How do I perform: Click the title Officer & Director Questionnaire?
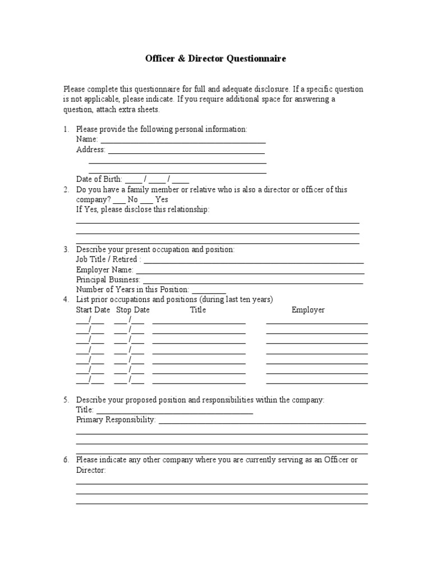point(215,58)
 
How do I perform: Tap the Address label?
point(90,150)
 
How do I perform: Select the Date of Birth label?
point(99,180)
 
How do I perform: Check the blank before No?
point(119,201)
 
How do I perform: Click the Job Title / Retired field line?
point(254,261)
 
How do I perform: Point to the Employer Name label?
point(104,270)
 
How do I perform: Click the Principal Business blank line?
point(253,281)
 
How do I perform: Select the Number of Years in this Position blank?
point(209,291)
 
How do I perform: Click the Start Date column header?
point(93,310)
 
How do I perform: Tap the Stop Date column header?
point(132,310)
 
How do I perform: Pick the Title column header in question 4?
point(198,310)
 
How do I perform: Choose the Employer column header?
point(308,310)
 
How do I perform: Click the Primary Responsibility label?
point(116,420)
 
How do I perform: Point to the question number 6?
point(66,460)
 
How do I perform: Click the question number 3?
point(66,249)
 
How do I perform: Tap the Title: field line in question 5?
point(175,412)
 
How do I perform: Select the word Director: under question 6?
point(91,470)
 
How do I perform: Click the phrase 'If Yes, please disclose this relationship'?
point(143,209)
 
